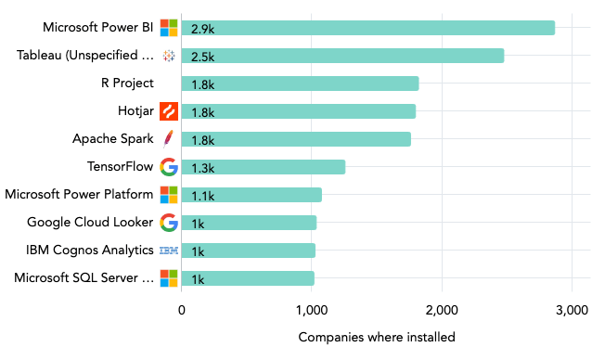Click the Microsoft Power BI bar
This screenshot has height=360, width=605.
pos(367,28)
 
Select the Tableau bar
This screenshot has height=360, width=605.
pos(342,56)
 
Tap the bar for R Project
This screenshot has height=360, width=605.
pos(300,84)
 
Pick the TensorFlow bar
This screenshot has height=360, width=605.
pos(263,167)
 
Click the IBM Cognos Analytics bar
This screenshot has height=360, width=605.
pos(248,251)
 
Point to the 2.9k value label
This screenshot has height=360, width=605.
pos(203,29)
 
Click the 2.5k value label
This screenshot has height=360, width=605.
pos(203,57)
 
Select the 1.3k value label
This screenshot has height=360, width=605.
pos(203,168)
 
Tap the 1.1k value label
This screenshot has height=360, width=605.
pos(203,196)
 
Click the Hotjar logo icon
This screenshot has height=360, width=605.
pos(168,111)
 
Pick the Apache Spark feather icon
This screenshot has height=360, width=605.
pos(168,139)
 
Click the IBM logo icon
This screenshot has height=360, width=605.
pos(168,251)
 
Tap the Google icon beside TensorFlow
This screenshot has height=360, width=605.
pos(168,167)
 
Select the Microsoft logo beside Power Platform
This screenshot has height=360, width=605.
pos(168,195)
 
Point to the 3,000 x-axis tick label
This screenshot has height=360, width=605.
pos(572,310)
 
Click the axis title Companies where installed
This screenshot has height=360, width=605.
pos(377,337)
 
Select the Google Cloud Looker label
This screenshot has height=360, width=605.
pos(90,223)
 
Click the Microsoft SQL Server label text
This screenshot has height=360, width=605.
pos(79,278)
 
